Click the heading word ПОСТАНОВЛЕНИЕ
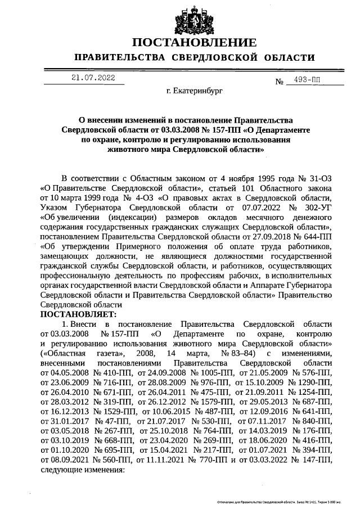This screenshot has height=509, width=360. [x=195, y=43]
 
